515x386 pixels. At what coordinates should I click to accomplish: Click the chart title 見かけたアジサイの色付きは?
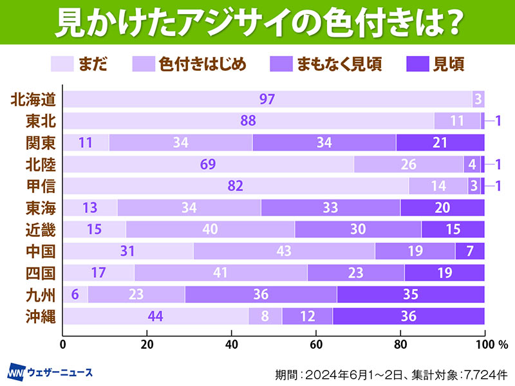point(257,24)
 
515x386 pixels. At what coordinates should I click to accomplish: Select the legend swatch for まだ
point(62,63)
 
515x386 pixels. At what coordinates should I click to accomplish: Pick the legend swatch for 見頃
point(419,63)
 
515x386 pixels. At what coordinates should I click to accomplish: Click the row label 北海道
point(34,99)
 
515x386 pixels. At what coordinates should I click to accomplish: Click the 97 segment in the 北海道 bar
point(267,99)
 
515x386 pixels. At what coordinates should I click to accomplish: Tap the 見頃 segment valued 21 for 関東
point(440,142)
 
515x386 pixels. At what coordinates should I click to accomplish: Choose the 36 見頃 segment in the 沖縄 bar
point(408,317)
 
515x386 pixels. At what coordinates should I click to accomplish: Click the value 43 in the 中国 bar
point(284,251)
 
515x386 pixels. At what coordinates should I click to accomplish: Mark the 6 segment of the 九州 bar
point(75,295)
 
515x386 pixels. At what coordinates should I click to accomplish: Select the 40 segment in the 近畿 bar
point(210,229)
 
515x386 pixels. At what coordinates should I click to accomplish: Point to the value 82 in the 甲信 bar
point(236,186)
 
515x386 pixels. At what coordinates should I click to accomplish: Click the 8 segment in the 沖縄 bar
point(265,317)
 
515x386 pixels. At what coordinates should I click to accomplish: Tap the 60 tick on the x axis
point(316,344)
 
